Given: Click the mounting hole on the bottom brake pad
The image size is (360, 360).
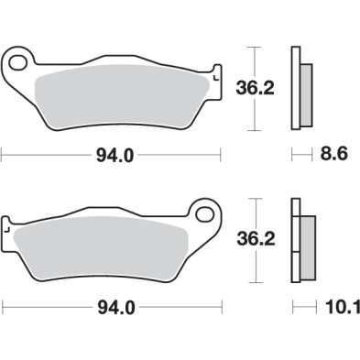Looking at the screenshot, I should (204, 214).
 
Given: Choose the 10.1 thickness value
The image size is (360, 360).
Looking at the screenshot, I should (335, 308).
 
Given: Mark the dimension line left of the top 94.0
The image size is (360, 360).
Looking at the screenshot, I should (46, 156).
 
